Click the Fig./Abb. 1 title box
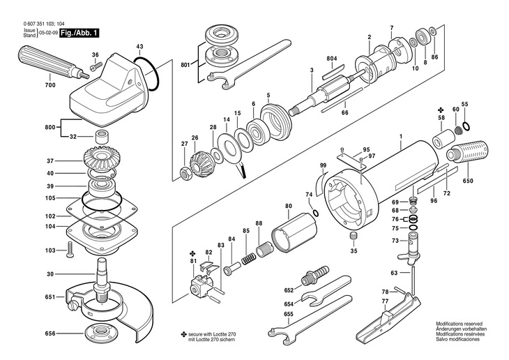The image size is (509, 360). pyautogui.click(x=79, y=33)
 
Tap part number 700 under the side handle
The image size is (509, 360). pyautogui.click(x=50, y=85)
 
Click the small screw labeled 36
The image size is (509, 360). pyautogui.click(x=96, y=66)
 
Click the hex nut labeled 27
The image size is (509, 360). pyautogui.click(x=185, y=174)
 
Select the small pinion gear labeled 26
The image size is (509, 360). pyautogui.click(x=198, y=165)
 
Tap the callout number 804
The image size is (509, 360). pyautogui.click(x=332, y=59)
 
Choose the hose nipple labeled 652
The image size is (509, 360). pyautogui.click(x=315, y=274)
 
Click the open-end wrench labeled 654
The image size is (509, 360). pyautogui.click(x=325, y=291)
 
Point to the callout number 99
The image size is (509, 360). pyautogui.click(x=323, y=165)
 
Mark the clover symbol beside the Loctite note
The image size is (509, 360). pyautogui.click(x=184, y=334)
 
